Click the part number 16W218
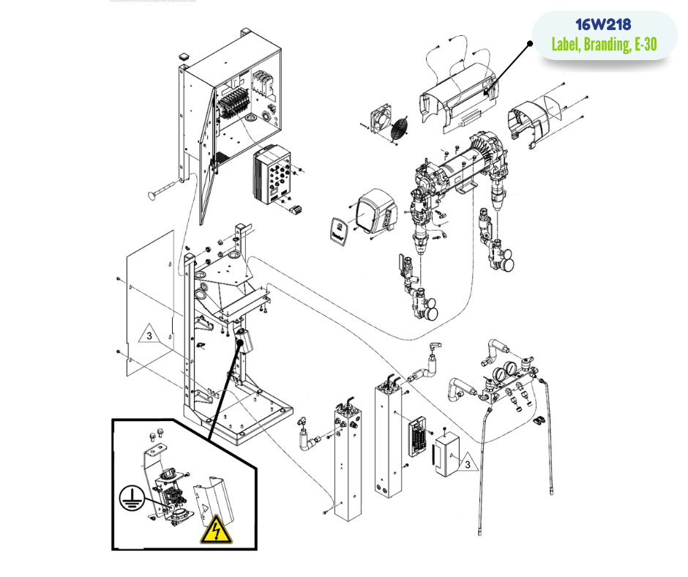pos(603,25)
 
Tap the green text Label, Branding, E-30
pos(604,45)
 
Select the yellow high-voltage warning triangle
pos(216,529)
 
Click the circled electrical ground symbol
pos(131,499)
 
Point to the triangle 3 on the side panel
pos(149,334)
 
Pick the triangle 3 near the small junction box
pos(467,462)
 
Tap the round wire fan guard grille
pos(399,128)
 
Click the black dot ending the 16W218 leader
pos(530,43)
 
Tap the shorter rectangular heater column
pos(348,461)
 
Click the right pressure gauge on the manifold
pos(511,369)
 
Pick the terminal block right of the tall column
pos(418,437)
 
